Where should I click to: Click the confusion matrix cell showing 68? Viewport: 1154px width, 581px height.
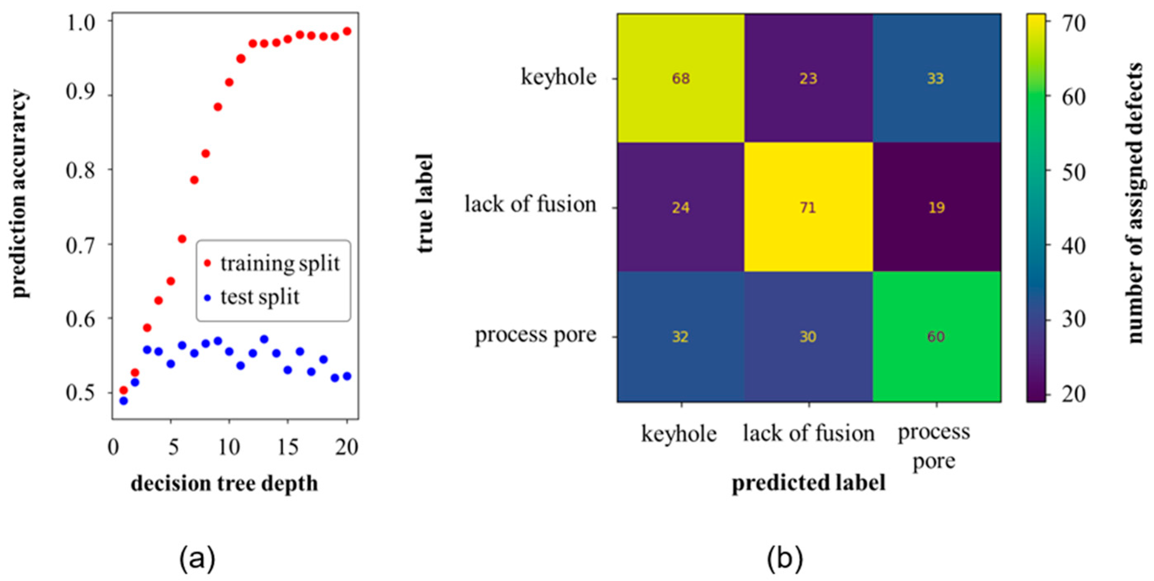[680, 78]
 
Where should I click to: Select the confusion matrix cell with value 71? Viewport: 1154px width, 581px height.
[808, 208]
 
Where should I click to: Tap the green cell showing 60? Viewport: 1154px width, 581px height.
[936, 336]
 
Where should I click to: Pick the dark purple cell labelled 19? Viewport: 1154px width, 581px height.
[936, 208]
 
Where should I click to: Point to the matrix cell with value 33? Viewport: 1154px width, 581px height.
[936, 78]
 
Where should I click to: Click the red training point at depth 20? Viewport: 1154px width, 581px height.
[347, 31]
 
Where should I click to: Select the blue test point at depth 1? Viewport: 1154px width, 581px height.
[124, 401]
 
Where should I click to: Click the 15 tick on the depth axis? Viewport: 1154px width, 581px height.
[288, 447]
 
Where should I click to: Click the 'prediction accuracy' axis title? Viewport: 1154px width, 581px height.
[20, 194]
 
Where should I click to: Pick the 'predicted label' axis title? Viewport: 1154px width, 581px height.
[809, 483]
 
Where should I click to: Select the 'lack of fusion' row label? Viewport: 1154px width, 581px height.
[531, 205]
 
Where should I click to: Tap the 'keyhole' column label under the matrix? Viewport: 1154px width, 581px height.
[679, 434]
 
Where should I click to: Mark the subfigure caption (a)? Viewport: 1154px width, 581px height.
[197, 559]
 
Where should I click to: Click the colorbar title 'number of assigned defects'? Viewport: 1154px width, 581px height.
[1135, 204]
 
